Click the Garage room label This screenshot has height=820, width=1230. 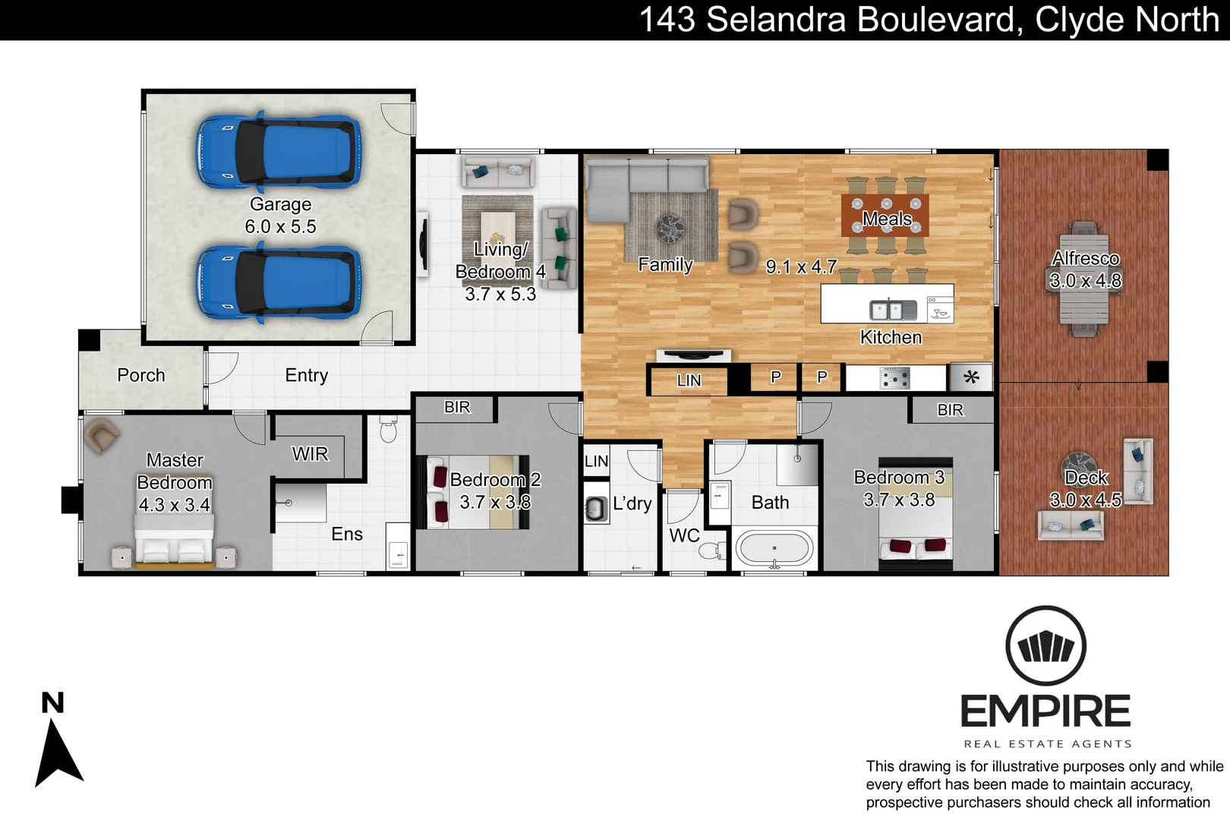[280, 204]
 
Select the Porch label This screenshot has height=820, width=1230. [141, 375]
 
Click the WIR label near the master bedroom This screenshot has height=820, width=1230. [310, 454]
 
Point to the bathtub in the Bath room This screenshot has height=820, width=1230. [774, 548]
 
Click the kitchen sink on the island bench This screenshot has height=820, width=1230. [886, 310]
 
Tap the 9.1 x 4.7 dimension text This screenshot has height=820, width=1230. [801, 266]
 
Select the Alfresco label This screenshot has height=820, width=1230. [1085, 258]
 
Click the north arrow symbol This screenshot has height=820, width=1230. [58, 752]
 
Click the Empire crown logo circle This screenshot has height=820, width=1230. [1045, 646]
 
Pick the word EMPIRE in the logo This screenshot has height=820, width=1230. [1045, 711]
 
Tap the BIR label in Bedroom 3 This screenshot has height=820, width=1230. [950, 410]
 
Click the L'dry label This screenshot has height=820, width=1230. [632, 503]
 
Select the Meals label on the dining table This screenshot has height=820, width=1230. [886, 219]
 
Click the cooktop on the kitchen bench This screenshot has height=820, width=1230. [894, 377]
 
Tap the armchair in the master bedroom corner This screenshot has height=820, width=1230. [101, 436]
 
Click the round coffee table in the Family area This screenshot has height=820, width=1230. [670, 227]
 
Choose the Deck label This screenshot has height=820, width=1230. [1086, 478]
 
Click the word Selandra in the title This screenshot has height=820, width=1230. [775, 20]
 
